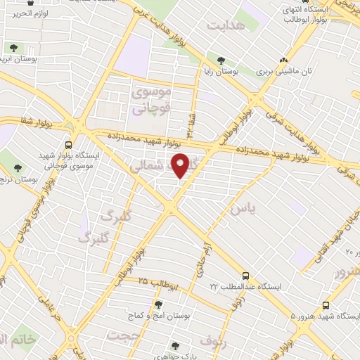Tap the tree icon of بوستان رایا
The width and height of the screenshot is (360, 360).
click(x=221, y=61)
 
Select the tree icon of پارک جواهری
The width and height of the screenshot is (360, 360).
click(x=174, y=345)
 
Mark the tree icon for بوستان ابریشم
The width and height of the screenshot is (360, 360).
click(x=13, y=48)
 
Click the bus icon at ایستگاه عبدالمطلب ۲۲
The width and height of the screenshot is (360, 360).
click(x=245, y=276)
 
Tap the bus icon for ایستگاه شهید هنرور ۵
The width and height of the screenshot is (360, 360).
click(x=325, y=305)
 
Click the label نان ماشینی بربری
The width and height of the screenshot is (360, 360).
click(x=281, y=71)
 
